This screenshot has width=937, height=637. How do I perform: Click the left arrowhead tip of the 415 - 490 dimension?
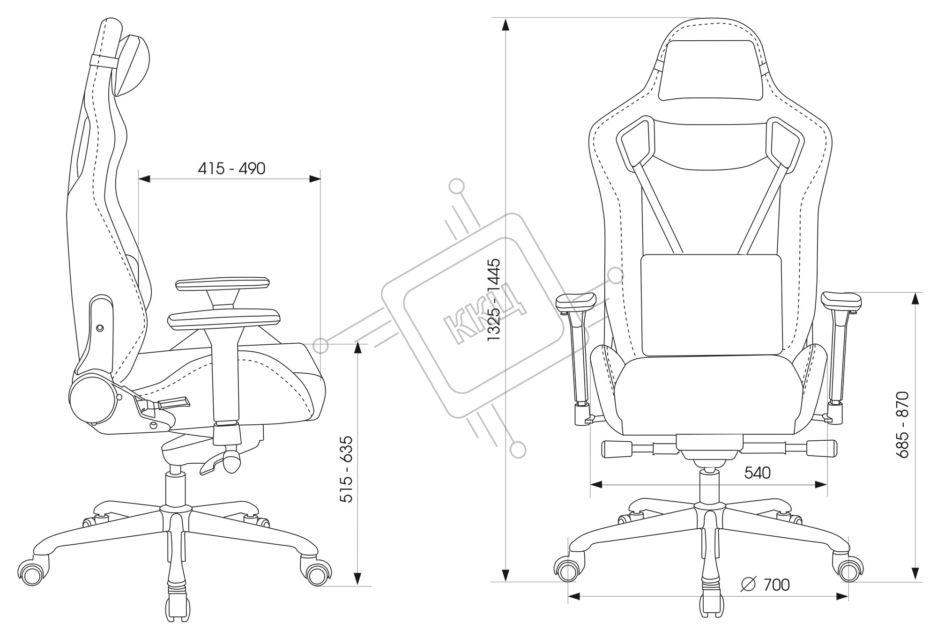[139, 178]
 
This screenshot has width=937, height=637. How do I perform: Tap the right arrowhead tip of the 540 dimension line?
[827, 485]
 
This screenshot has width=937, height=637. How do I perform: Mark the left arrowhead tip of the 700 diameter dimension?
[568, 597]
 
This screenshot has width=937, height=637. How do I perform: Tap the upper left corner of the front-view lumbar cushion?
[642, 256]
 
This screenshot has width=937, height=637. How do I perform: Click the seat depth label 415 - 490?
[231, 169]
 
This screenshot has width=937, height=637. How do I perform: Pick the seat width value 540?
[758, 473]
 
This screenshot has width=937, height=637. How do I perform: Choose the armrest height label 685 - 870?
[902, 425]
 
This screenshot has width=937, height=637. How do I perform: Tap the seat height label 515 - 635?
[346, 469]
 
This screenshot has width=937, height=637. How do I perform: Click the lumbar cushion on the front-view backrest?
[711, 305]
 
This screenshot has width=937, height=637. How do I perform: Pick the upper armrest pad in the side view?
[223, 284]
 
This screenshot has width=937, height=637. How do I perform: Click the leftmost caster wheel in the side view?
[32, 572]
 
